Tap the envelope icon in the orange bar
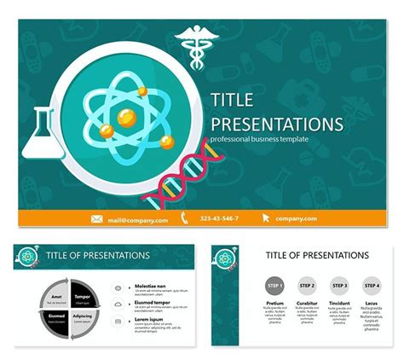click(x=97, y=219)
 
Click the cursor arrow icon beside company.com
click(x=266, y=219)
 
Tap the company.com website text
click(x=295, y=219)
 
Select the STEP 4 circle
click(x=371, y=286)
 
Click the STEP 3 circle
click(x=339, y=286)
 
